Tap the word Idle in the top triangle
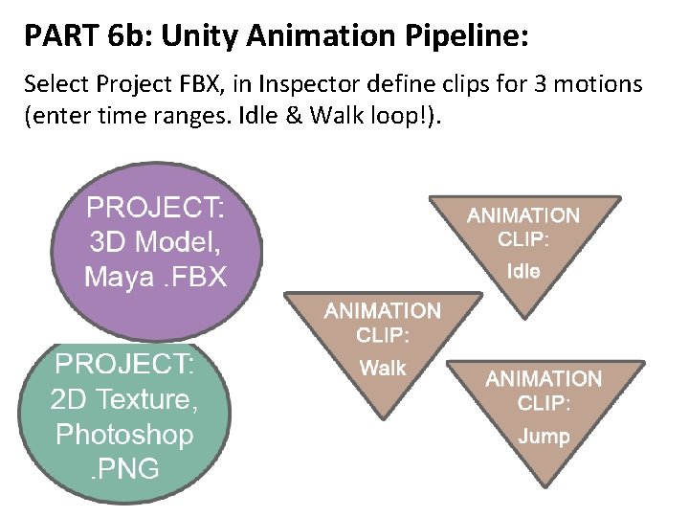[x=523, y=271]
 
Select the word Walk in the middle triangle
[x=383, y=368]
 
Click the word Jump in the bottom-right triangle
[x=544, y=437]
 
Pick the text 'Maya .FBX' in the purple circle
[x=156, y=277]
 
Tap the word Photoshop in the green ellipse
[x=124, y=434]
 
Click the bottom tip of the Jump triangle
[x=544, y=485]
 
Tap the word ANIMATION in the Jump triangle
[x=544, y=378]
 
